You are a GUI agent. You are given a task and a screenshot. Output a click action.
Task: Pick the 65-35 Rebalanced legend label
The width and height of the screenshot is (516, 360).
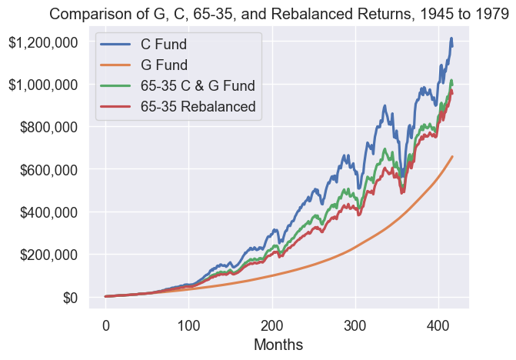pyautogui.click(x=198, y=107)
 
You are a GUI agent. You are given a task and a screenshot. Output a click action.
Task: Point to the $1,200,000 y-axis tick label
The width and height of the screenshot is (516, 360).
pyautogui.click(x=44, y=42)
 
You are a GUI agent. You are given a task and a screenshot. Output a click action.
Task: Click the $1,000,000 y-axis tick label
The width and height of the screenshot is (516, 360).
pyautogui.click(x=44, y=85)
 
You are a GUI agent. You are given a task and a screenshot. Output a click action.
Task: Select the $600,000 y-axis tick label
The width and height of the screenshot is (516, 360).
pyautogui.click(x=48, y=169)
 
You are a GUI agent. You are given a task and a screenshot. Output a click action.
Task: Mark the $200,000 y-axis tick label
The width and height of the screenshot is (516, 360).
pyautogui.click(x=48, y=255)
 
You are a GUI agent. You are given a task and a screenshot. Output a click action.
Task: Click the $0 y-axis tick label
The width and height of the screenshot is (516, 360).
pyautogui.click(x=70, y=297)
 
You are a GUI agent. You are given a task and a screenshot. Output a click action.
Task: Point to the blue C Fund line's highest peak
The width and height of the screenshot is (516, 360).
pyautogui.click(x=451, y=38)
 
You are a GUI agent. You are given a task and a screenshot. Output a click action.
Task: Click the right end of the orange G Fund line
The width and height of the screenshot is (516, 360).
pyautogui.click(x=452, y=157)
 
